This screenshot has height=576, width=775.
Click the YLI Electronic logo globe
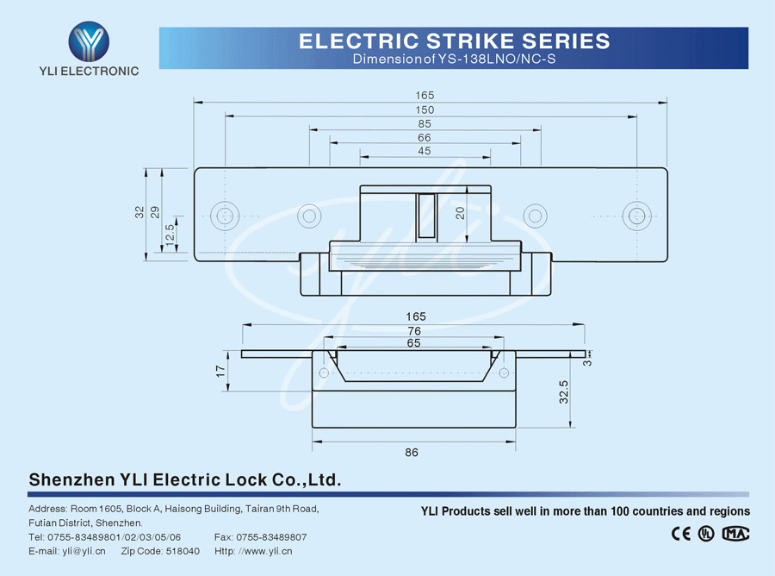pyautogui.click(x=89, y=38)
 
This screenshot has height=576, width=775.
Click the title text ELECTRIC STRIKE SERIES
pyautogui.click(x=454, y=41)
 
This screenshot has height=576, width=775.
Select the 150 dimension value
pyautogui.click(x=425, y=110)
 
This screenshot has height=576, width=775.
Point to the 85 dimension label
pyautogui.click(x=425, y=124)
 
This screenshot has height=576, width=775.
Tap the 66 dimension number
pyautogui.click(x=425, y=138)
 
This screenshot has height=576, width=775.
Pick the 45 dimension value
pyautogui.click(x=425, y=151)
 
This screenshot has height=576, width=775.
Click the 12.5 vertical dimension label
pyautogui.click(x=170, y=233)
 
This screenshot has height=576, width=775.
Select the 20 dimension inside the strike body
pyautogui.click(x=461, y=212)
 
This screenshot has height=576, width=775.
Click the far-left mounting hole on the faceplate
pyautogui.click(x=225, y=216)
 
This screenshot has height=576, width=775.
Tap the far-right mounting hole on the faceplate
pyautogui.click(x=636, y=216)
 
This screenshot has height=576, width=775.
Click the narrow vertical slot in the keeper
pyautogui.click(x=425, y=216)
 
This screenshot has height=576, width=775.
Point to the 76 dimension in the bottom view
pyautogui.click(x=413, y=331)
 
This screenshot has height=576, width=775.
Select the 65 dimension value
pyautogui.click(x=413, y=343)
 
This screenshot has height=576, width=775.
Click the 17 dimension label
pyautogui.click(x=220, y=371)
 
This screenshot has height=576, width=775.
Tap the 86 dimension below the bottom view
pyautogui.click(x=412, y=453)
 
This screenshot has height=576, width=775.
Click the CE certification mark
pyautogui.click(x=680, y=534)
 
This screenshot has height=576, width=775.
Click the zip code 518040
pyautogui.click(x=182, y=551)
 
